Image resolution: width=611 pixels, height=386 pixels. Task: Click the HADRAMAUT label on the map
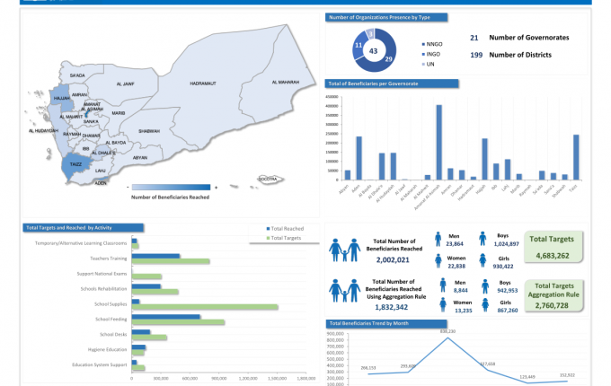point(203,83)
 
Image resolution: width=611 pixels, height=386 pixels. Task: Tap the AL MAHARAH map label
point(283,83)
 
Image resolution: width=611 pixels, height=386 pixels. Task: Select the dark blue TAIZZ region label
point(75,164)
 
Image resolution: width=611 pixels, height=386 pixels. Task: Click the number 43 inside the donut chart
point(373,52)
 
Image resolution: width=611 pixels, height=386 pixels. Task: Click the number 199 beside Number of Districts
point(476,55)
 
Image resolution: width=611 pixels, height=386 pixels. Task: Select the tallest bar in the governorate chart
point(438,143)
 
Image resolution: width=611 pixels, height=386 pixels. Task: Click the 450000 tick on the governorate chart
point(330,96)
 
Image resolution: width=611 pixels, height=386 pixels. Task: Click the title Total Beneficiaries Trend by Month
point(368,322)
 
